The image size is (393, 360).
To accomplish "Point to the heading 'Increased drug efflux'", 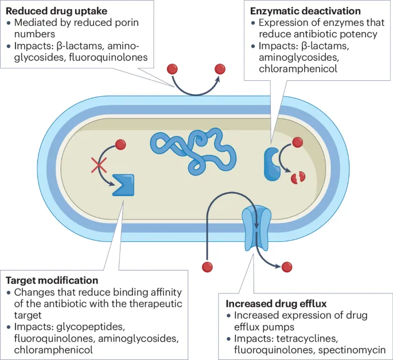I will click(x=272, y=303).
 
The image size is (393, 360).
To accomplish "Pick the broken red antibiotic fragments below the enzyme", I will click(x=297, y=178).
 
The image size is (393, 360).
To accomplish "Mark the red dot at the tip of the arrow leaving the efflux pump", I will click(x=287, y=267).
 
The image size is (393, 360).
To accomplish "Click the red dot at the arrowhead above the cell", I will click(x=220, y=69).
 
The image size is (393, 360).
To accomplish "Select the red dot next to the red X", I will click(x=120, y=144).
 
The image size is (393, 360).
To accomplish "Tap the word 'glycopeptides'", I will click(x=86, y=327).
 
